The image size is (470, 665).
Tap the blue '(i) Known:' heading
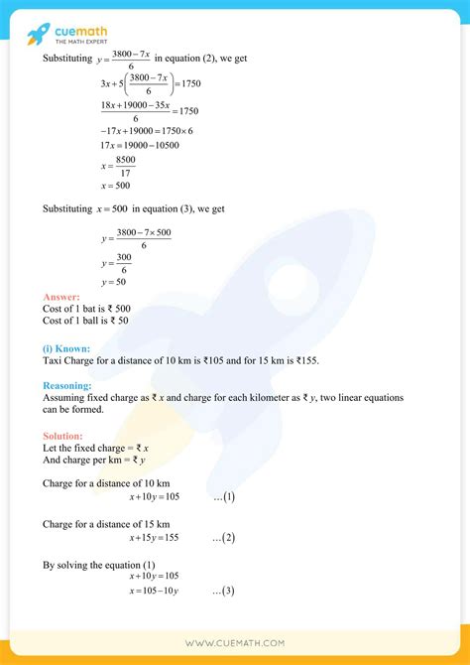pyautogui.click(x=66, y=348)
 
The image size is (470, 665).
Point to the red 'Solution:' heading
pyautogui.click(x=63, y=436)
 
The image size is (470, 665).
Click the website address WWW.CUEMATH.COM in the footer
pyautogui.click(x=234, y=643)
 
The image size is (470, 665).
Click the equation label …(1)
pyautogui.click(x=223, y=496)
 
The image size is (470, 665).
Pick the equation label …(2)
pyautogui.click(x=223, y=537)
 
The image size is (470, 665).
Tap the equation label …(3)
pyautogui.click(x=223, y=591)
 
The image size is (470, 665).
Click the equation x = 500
pyautogui.click(x=115, y=185)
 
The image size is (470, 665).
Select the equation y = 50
pyautogui.click(x=113, y=283)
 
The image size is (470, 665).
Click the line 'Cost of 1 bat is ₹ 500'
pyautogui.click(x=86, y=309)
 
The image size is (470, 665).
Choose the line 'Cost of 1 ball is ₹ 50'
pyautogui.click(x=86, y=321)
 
